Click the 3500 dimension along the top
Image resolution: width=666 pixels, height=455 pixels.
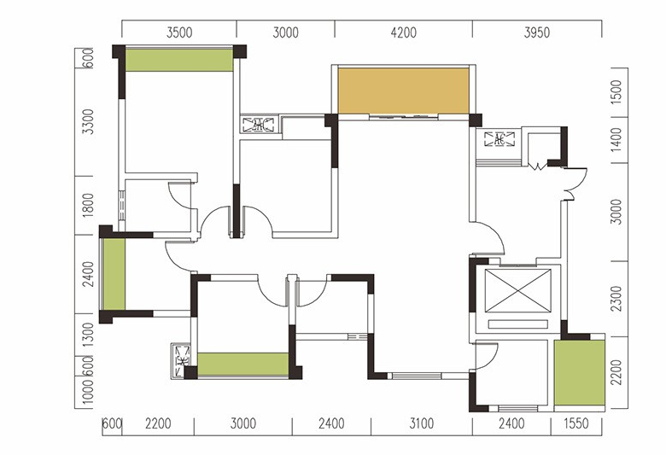pos(179,32)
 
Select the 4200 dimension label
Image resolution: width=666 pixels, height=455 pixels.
pos(404,32)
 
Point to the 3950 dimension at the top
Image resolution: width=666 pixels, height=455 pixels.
pos(537,32)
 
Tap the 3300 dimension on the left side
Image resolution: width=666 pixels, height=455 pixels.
pos(88,121)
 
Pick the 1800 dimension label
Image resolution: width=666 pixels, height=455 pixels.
pos(88,205)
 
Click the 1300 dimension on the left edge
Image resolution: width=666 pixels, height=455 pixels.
pos(88,335)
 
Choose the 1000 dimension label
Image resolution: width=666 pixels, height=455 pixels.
pos(88,392)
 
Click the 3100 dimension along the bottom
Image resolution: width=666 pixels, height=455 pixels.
pos(421,423)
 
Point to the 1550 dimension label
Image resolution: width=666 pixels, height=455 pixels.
pos(576,423)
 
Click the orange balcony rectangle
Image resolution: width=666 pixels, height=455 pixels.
pos(404,91)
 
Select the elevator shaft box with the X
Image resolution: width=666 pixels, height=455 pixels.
pos(517,291)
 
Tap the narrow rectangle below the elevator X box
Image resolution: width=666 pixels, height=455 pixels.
pos(517,324)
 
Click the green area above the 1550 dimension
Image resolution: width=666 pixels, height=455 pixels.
pos(580,372)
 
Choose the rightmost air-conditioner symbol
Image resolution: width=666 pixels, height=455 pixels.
pos(499,139)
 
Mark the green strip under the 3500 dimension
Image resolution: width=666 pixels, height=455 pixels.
pos(179,61)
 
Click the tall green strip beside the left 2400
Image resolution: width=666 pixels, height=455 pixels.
pos(114,274)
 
